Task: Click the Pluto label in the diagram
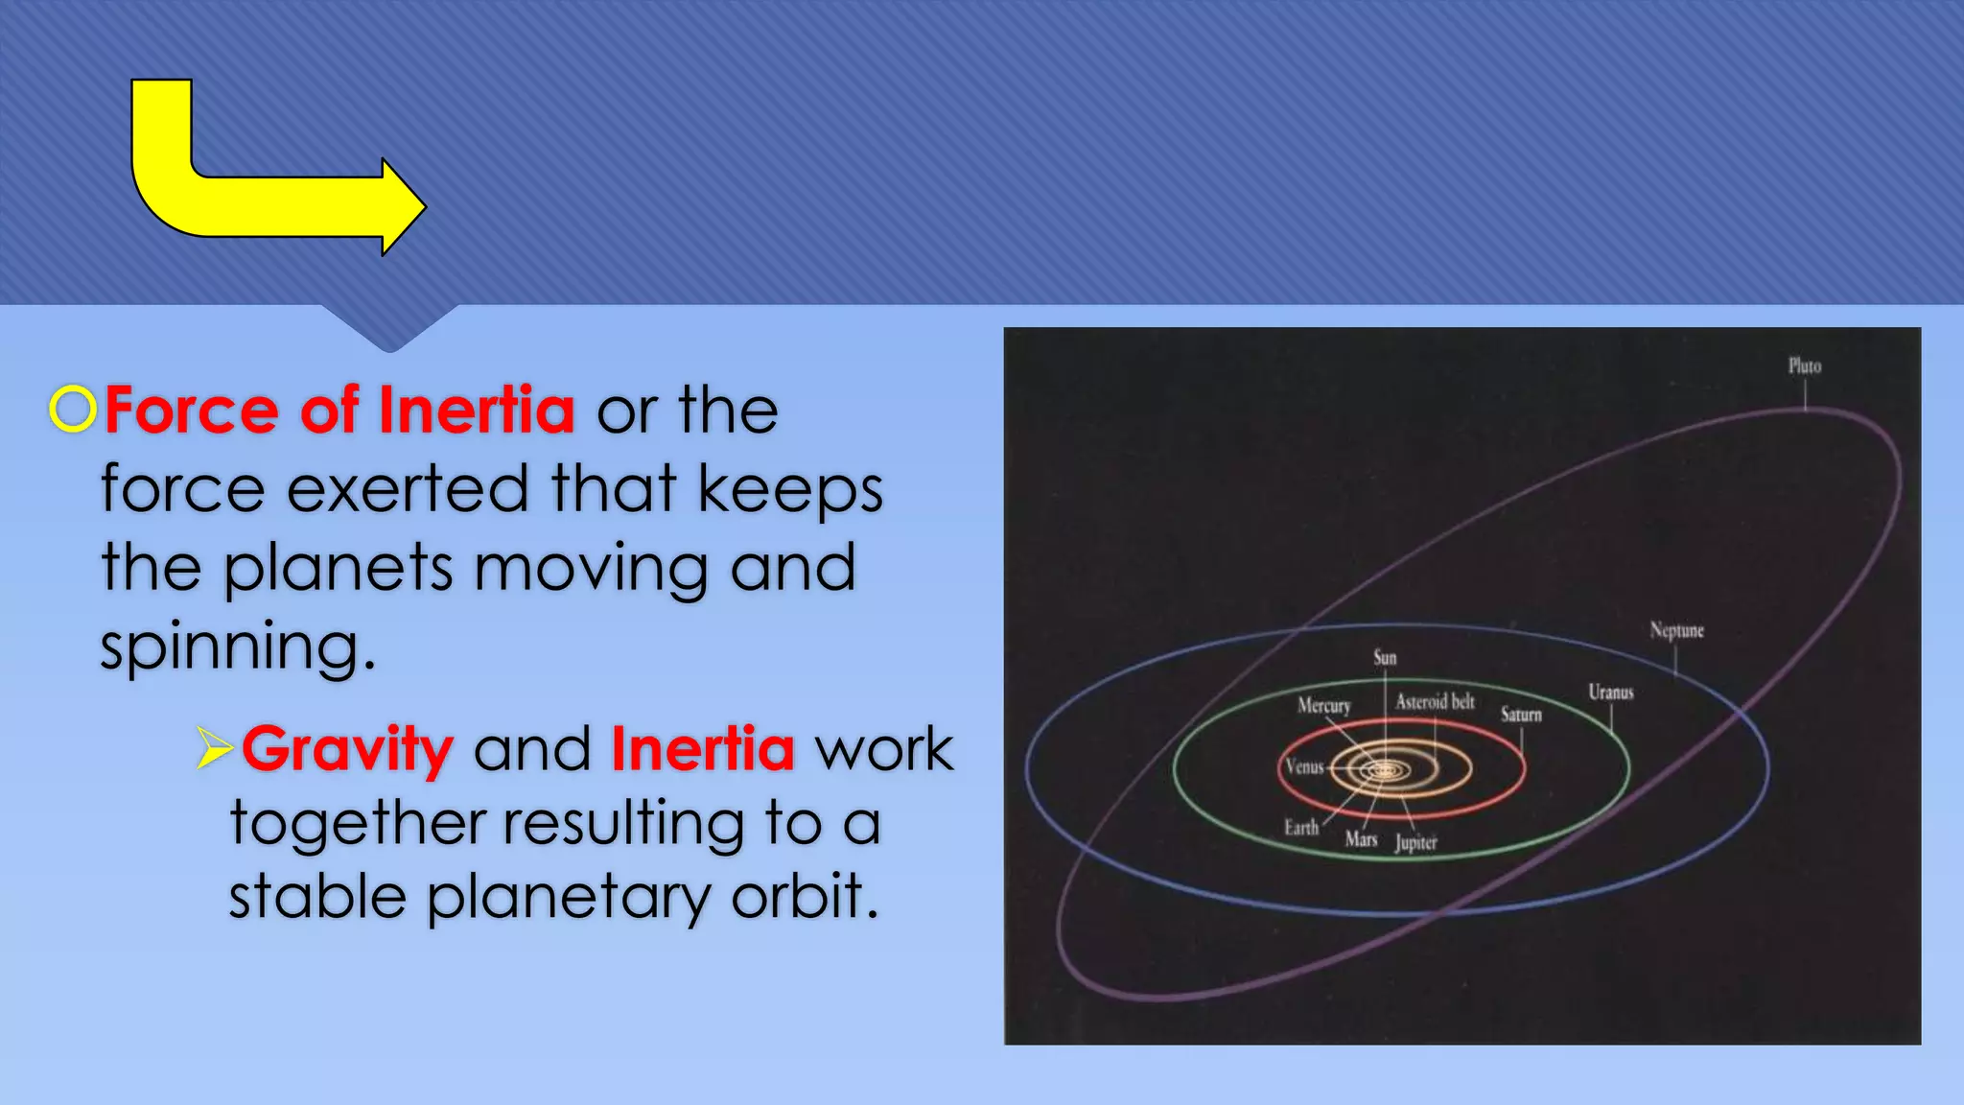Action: click(x=1804, y=365)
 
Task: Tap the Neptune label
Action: click(x=1676, y=630)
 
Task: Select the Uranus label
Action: click(x=1610, y=692)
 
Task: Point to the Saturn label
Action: click(x=1521, y=715)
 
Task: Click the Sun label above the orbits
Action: click(x=1385, y=657)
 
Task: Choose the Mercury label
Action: click(x=1323, y=705)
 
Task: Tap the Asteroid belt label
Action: click(x=1435, y=701)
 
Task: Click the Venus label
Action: click(x=1304, y=766)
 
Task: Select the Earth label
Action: click(x=1301, y=827)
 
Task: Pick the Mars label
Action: click(x=1361, y=839)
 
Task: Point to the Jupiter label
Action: click(x=1415, y=842)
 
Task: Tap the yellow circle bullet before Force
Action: click(x=73, y=410)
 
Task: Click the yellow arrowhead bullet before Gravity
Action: click(x=214, y=748)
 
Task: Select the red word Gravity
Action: click(x=347, y=749)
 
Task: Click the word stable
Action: click(x=316, y=897)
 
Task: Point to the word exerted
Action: click(x=408, y=488)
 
